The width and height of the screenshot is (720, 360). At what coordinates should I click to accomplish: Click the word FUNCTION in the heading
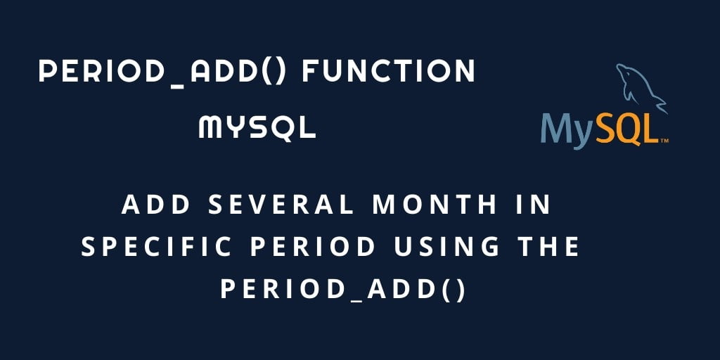(388, 72)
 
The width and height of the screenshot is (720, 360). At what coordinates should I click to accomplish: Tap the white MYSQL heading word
(257, 127)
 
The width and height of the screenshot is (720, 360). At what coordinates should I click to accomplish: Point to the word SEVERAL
(281, 205)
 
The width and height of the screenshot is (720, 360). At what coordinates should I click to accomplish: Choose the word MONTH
(435, 205)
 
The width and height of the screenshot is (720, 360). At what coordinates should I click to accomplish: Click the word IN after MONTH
(534, 205)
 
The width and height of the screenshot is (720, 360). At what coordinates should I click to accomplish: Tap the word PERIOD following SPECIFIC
(313, 247)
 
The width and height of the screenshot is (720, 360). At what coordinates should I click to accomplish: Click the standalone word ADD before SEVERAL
(155, 205)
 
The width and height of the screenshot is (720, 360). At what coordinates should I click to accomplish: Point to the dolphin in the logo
(640, 87)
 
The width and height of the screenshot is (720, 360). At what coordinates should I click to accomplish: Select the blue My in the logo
(568, 130)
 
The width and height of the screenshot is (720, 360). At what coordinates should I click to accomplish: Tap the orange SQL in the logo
(626, 128)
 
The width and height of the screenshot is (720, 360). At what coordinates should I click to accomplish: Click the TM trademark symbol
(664, 141)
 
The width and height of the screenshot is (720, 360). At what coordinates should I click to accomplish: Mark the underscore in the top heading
(176, 86)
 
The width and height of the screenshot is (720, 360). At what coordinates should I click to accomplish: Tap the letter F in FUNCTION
(310, 72)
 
